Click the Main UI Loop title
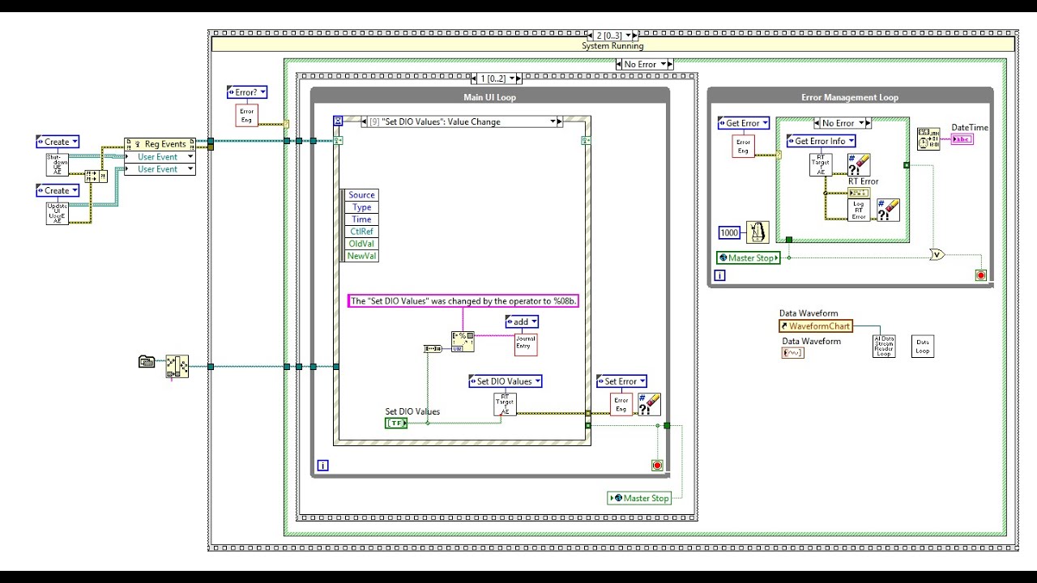pyautogui.click(x=489, y=97)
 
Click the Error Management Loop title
pyautogui.click(x=849, y=97)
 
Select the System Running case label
pyautogui.click(x=612, y=46)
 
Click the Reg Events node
pyautogui.click(x=160, y=144)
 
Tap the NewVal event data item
pyautogui.click(x=361, y=256)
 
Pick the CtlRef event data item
pyautogui.click(x=361, y=232)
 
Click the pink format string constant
pyautogui.click(x=464, y=301)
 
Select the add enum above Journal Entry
pyautogui.click(x=521, y=322)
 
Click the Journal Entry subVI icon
pyautogui.click(x=526, y=344)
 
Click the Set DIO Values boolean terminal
pyautogui.click(x=396, y=423)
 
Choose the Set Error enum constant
pyautogui.click(x=621, y=381)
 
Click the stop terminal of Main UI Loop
pyautogui.click(x=657, y=466)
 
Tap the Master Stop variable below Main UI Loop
pyautogui.click(x=640, y=498)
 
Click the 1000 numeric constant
pyautogui.click(x=729, y=233)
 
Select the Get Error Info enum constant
pyautogui.click(x=820, y=141)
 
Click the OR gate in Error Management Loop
pyautogui.click(x=938, y=254)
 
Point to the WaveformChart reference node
pyautogui.click(x=816, y=326)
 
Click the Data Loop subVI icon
pyautogui.click(x=922, y=347)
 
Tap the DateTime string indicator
pyautogui.click(x=962, y=139)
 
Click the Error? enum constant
pyautogui.click(x=246, y=92)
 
